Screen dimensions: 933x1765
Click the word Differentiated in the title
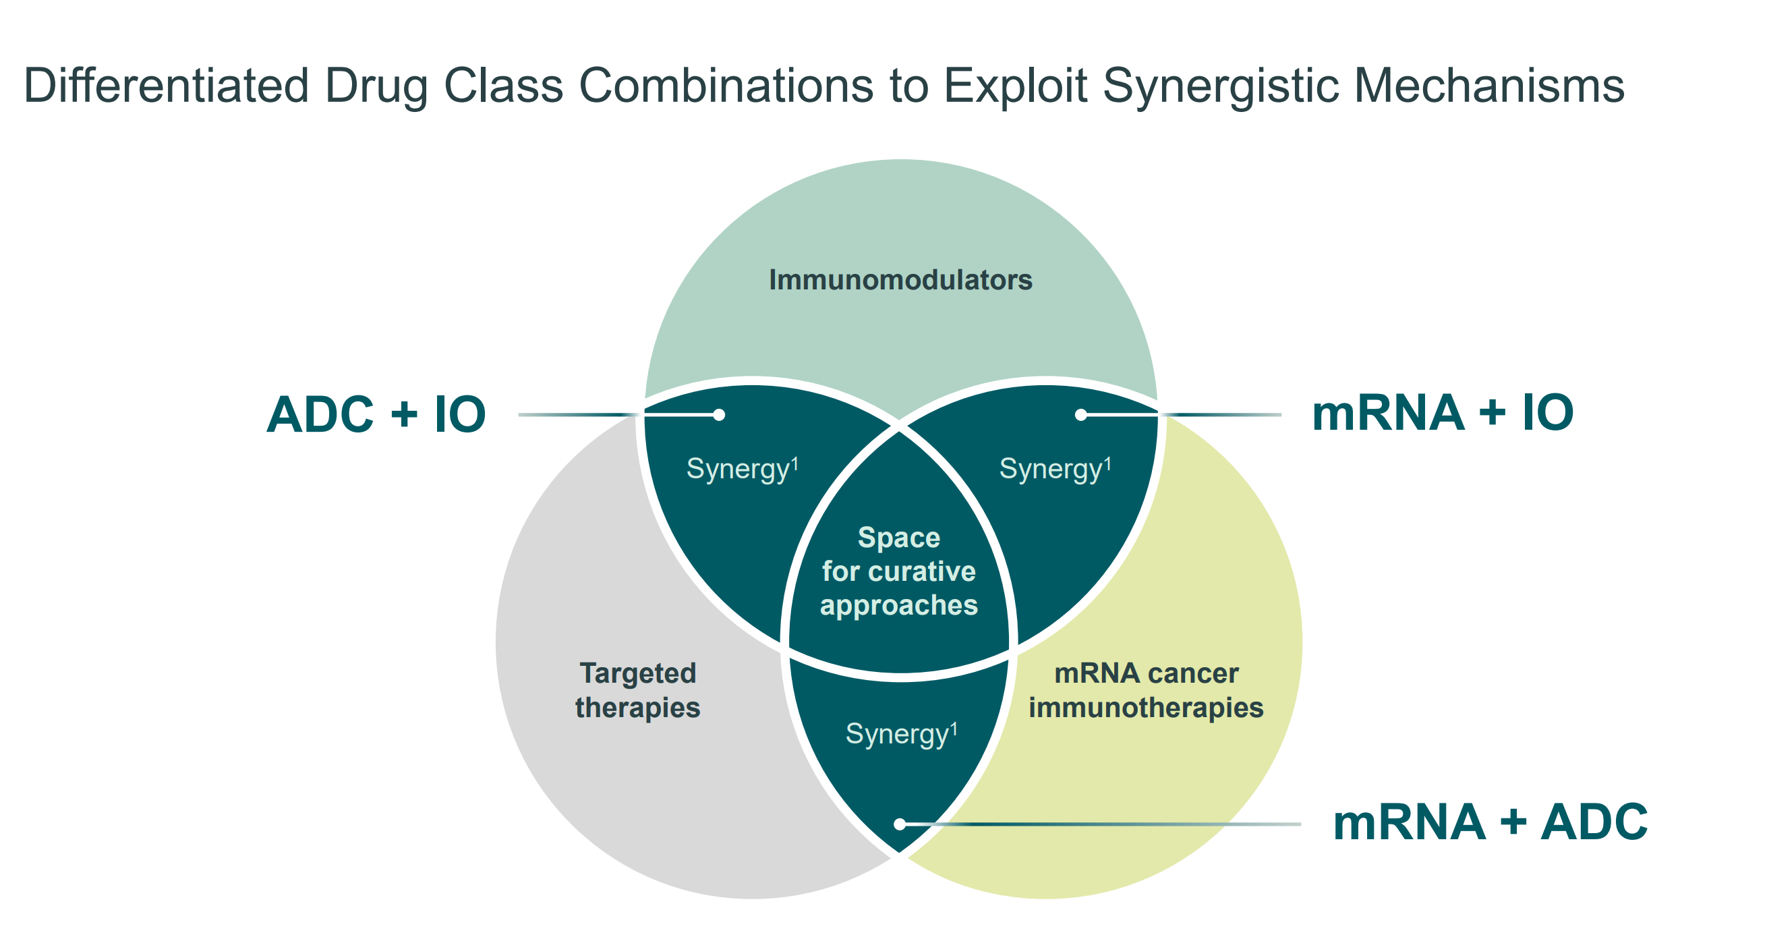coord(166,86)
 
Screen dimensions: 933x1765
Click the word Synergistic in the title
coord(1220,86)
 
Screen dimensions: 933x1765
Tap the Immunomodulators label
coord(900,281)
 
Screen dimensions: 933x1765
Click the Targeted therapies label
coord(637,690)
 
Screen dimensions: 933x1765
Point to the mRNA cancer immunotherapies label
coord(1146,690)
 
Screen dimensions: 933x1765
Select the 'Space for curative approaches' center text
coord(899,571)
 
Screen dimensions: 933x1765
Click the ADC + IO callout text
coord(376,415)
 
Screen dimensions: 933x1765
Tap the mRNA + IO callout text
coord(1443,414)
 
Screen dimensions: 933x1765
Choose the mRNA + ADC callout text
coord(1491,822)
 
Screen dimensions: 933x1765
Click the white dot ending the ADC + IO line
coord(719,415)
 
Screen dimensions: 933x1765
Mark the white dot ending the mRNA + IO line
coord(1080,415)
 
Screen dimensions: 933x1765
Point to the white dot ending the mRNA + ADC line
coord(900,824)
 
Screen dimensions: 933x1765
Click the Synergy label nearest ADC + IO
coord(742,470)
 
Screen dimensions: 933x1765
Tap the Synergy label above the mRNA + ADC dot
coord(901,734)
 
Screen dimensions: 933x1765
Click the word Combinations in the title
coord(726,86)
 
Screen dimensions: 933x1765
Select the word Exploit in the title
coord(1016,86)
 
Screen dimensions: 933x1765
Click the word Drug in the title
coord(376,86)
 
